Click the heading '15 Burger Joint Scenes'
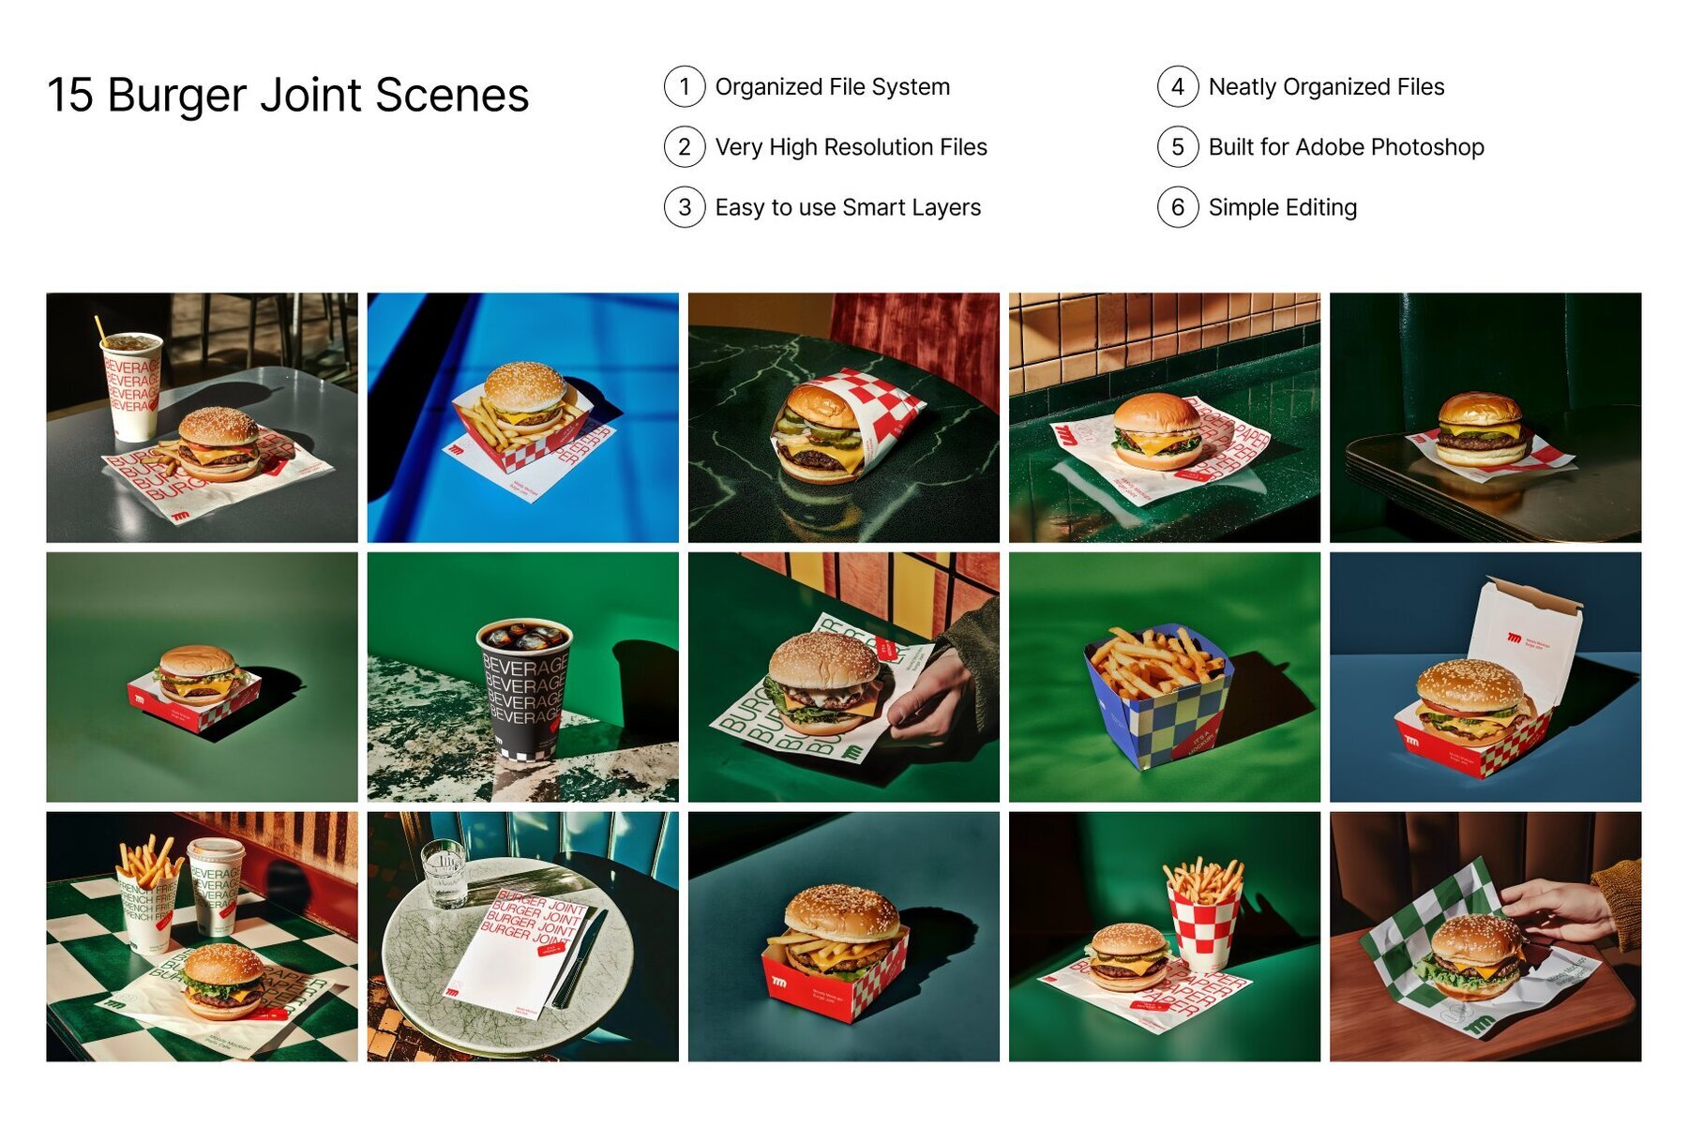click(x=288, y=96)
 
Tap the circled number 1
click(x=685, y=87)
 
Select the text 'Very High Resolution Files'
click(x=851, y=147)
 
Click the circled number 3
click(x=685, y=207)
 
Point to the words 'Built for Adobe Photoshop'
click(x=1346, y=147)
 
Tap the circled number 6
click(x=1178, y=207)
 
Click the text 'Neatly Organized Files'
click(x=1326, y=87)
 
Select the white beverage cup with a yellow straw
click(x=131, y=386)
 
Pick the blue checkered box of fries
click(x=1159, y=701)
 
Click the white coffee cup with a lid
click(x=216, y=886)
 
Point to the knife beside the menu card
click(x=581, y=961)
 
